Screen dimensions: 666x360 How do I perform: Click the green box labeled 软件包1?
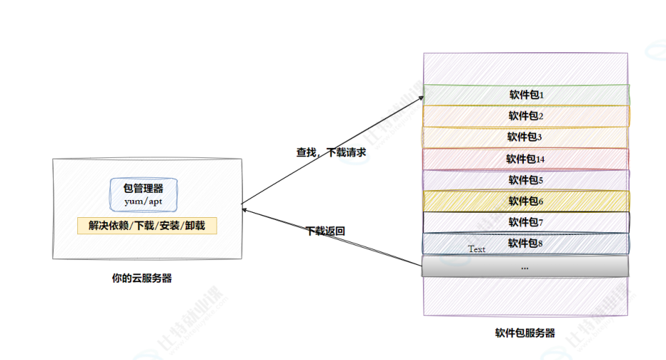[526, 94]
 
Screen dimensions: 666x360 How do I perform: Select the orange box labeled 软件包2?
[526, 116]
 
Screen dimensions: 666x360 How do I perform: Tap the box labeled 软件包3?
[526, 137]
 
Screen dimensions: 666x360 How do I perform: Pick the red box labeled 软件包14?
[526, 159]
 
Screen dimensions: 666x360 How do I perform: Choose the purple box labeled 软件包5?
[526, 180]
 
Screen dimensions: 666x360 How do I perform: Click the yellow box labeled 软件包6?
[526, 201]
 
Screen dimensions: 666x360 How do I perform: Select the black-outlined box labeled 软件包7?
[526, 222]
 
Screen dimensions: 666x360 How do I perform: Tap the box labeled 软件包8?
[526, 244]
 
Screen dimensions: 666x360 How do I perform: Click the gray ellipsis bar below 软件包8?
[525, 266]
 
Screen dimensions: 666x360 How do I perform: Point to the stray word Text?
[477, 249]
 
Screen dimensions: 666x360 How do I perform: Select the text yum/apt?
[144, 201]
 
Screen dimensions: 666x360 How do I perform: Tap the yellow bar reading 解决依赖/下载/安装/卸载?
[146, 226]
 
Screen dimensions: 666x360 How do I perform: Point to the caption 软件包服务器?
[525, 333]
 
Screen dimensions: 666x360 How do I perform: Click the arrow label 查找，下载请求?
[332, 151]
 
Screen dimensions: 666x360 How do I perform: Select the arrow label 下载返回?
[326, 231]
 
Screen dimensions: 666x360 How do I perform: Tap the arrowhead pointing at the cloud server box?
[245, 210]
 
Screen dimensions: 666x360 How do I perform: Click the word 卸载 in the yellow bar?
[195, 226]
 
